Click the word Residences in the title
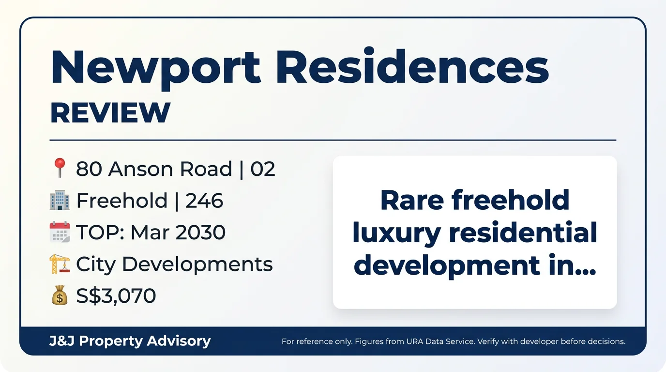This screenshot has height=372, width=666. pos(412,65)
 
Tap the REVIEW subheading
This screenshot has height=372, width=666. pos(110,112)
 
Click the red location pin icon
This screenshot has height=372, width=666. pos(60,168)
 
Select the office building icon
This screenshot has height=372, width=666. pos(60,200)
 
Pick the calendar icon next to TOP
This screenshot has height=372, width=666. pos(60,232)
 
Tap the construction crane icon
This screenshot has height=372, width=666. pos(60,263)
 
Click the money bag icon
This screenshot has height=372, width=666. pos(60,295)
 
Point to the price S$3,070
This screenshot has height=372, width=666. pos(116,296)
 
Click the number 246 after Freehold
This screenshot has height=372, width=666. pos(204,201)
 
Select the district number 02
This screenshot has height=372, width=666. pos(262,169)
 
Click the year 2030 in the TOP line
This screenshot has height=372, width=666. pos(200,232)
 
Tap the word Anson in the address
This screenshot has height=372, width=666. pos(141,169)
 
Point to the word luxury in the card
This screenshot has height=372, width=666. pos(396,233)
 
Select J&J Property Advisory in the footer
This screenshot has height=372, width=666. pos(130,341)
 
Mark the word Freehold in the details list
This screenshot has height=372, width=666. pos(122,200)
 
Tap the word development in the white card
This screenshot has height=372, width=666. pos(447,265)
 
